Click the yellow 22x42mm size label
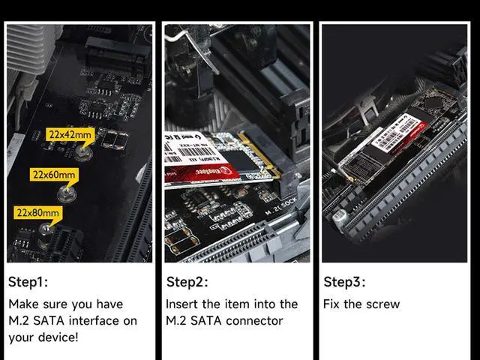[x=70, y=135]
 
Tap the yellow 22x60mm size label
[x=53, y=175]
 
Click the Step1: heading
[x=28, y=282]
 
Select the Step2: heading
[x=186, y=282]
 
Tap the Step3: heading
[x=344, y=282]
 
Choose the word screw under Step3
[x=382, y=304]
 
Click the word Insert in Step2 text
[x=182, y=304]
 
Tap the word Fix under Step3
[x=332, y=304]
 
